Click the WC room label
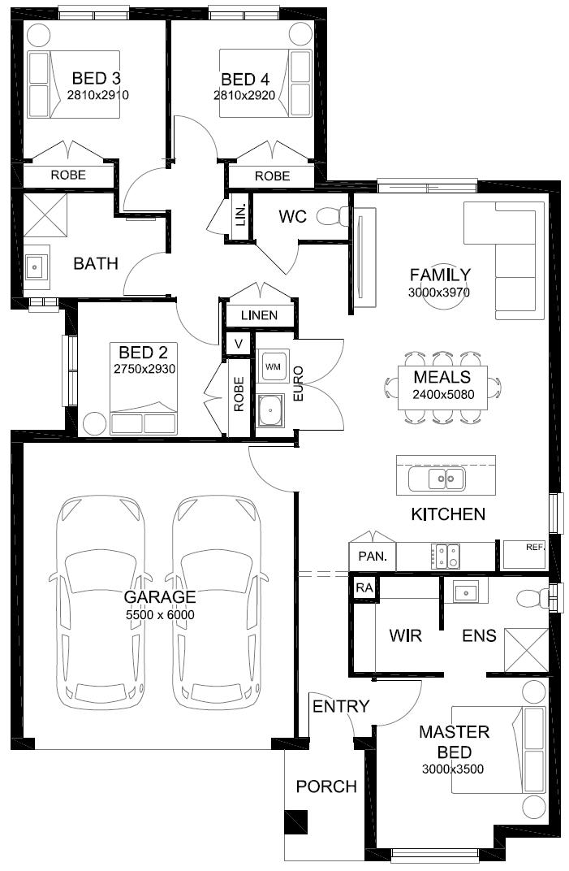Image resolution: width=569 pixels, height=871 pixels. pyautogui.click(x=292, y=216)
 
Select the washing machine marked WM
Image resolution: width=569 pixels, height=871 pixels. pyautogui.click(x=273, y=366)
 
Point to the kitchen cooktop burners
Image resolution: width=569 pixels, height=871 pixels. pyautogui.click(x=445, y=556)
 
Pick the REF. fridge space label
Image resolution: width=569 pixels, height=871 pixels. pyautogui.click(x=536, y=547)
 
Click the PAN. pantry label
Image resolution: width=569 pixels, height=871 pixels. pyautogui.click(x=373, y=556)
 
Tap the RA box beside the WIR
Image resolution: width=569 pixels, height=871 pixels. pyautogui.click(x=364, y=587)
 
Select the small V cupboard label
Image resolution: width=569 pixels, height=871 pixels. pyautogui.click(x=239, y=344)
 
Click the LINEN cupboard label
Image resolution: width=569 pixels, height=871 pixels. pyautogui.click(x=259, y=315)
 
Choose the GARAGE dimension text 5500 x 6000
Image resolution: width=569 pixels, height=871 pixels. pyautogui.click(x=160, y=614)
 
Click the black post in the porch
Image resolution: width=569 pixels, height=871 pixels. pyautogui.click(x=295, y=822)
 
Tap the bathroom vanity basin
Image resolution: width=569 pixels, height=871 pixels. pyautogui.click(x=36, y=267)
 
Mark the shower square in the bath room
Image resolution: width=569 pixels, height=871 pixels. pyautogui.click(x=45, y=215)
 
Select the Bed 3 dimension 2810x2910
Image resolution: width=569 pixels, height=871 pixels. pyautogui.click(x=97, y=95)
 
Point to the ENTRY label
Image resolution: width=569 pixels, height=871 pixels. pyautogui.click(x=341, y=706)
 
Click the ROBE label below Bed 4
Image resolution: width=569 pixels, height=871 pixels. pyautogui.click(x=272, y=176)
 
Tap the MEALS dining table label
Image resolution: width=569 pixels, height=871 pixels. pyautogui.click(x=442, y=377)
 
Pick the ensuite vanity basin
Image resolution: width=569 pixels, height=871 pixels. pyautogui.click(x=465, y=592)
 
